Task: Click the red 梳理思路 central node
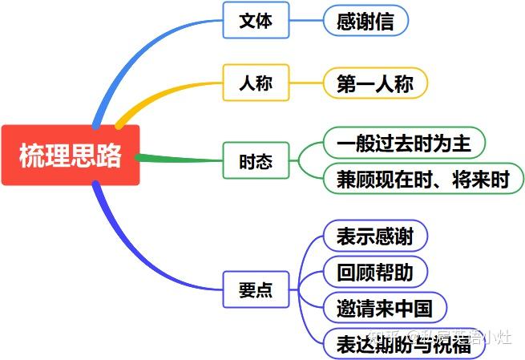71,156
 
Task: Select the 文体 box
256,21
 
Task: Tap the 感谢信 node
365,21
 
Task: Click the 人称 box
256,83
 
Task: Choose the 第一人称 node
375,83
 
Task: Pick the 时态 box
256,161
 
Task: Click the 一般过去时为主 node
404,144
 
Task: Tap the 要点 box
256,289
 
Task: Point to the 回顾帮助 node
375,272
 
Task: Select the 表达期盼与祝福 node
404,342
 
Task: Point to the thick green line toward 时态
180,159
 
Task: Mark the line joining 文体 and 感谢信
306,21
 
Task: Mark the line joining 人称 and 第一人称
306,83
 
